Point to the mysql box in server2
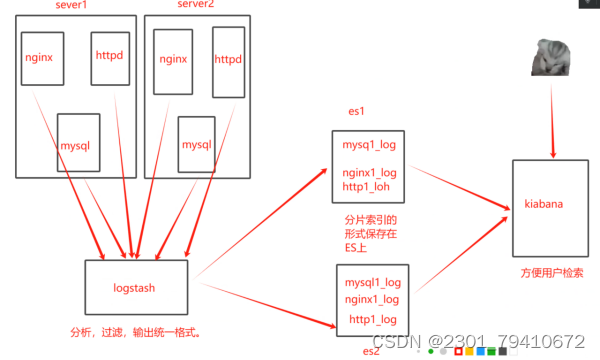pyautogui.click(x=196, y=144)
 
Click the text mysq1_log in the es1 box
pyautogui.click(x=370, y=146)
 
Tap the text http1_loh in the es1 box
pyautogui.click(x=370, y=186)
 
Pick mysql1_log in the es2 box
pyautogui.click(x=372, y=283)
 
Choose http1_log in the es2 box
pyautogui.click(x=373, y=319)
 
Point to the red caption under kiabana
pyautogui.click(x=552, y=273)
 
